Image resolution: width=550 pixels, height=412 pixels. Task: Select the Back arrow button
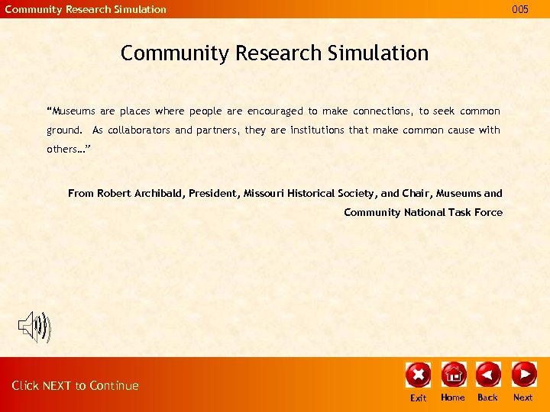pyautogui.click(x=488, y=374)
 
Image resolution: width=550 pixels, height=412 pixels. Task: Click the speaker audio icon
pyautogui.click(x=34, y=327)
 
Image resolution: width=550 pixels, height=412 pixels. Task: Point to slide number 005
pyautogui.click(x=520, y=9)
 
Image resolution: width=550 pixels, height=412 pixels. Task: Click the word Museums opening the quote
pyautogui.click(x=76, y=111)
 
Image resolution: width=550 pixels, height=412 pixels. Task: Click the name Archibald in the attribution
pyautogui.click(x=159, y=194)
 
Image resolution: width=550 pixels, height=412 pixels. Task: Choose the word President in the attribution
pyautogui.click(x=214, y=194)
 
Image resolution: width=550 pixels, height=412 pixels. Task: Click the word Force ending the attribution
pyautogui.click(x=488, y=213)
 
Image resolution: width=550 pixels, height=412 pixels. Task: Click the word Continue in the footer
pyautogui.click(x=114, y=386)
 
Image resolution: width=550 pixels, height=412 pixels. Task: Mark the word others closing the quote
pyautogui.click(x=63, y=150)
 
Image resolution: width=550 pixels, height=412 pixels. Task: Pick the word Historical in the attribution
pyautogui.click(x=317, y=194)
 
